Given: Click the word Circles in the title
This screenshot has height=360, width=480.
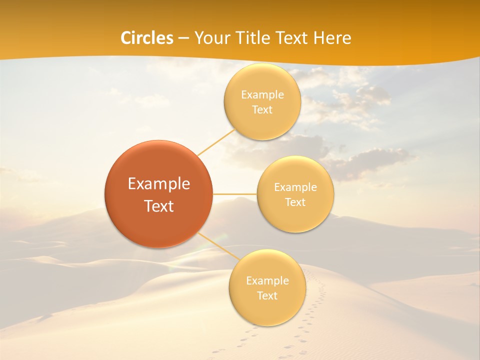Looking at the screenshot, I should coord(147,38).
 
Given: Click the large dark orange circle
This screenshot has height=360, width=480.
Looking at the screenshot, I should coord(158,220).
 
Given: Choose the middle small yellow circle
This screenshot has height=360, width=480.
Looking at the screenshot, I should coord(295,215).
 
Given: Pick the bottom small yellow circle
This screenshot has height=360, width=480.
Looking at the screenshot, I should coord(267,310).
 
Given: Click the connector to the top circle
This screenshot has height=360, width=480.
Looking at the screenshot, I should coord(216,142).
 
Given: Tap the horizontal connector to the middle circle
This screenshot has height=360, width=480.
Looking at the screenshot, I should coord(235,194).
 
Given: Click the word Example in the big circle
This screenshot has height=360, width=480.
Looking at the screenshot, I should coord(158,184).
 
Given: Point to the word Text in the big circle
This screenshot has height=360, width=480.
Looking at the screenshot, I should coord(158,206).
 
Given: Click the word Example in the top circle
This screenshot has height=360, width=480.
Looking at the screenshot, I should coord(262,95).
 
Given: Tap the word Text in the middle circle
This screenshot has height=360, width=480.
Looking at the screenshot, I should coord(295,202).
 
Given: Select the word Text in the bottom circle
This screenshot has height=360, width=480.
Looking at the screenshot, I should coord(267,296).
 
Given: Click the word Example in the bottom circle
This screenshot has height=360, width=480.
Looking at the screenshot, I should coord(267,281).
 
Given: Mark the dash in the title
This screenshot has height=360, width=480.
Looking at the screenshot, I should coord(183,38).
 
